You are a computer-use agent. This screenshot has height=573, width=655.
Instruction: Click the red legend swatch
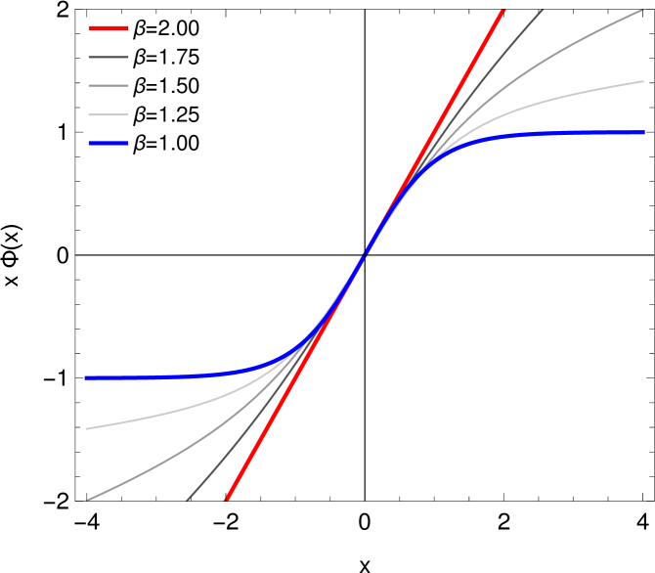tap(108, 28)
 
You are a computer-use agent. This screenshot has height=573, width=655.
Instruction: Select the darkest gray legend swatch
tap(108, 58)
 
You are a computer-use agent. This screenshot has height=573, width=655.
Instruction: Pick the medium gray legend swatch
tap(108, 86)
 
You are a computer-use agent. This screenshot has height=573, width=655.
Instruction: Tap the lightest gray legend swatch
tap(108, 115)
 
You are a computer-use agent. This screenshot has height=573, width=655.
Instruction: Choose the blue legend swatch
tap(108, 144)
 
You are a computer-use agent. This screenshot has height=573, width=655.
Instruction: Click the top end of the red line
tap(503, 11)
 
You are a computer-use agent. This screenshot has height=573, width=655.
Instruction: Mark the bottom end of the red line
tap(227, 500)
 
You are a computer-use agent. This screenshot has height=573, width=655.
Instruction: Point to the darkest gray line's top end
tap(543, 11)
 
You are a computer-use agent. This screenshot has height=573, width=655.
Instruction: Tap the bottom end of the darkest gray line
tap(187, 500)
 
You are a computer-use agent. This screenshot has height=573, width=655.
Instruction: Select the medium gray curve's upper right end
tap(643, 11)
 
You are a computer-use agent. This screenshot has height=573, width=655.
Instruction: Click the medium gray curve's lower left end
tap(87, 500)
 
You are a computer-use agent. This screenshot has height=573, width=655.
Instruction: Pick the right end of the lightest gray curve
tap(643, 81)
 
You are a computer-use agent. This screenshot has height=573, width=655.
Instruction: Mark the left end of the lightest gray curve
tap(87, 428)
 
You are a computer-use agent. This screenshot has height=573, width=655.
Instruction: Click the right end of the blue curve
tap(643, 132)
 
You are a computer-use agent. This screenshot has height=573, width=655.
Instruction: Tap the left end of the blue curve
tap(87, 377)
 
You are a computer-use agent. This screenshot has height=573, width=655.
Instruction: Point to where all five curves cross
tap(365, 255)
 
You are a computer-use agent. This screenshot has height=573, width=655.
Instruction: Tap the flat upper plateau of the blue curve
tap(567, 132)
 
